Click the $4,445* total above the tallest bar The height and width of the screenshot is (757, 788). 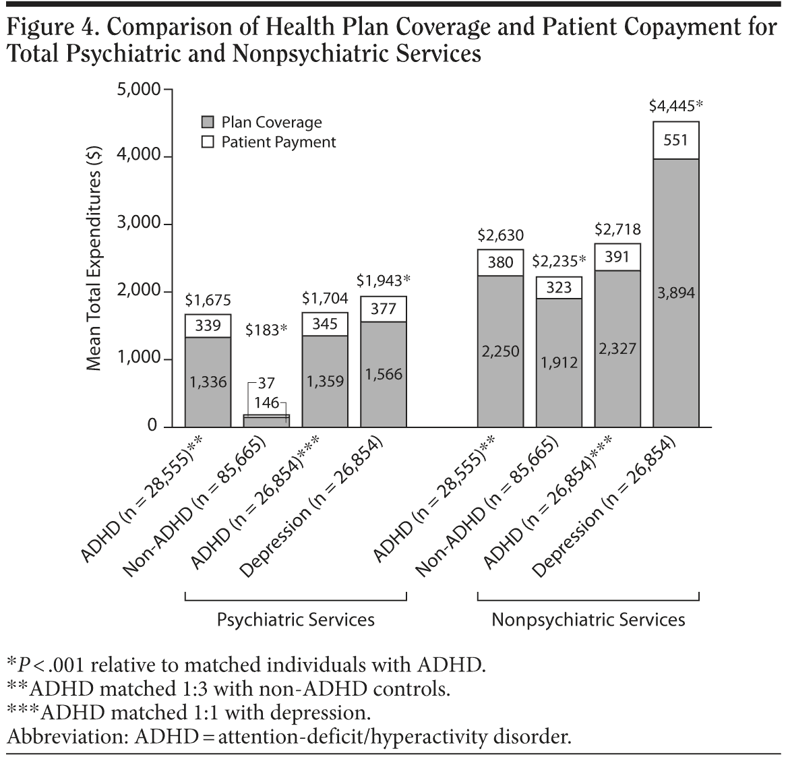click(676, 106)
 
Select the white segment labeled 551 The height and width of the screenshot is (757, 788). click(676, 140)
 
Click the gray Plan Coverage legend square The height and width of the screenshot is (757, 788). click(208, 123)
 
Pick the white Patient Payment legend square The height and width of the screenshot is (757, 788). click(208, 142)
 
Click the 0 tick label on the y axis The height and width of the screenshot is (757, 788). click(152, 427)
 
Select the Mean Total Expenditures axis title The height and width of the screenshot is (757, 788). click(95, 258)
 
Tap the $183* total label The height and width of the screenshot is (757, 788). click(266, 330)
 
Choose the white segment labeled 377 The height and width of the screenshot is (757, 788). click(384, 309)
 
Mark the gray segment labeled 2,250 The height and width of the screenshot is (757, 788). click(500, 351)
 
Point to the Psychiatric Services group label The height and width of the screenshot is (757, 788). click(295, 619)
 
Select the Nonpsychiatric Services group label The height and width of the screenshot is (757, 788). click(588, 619)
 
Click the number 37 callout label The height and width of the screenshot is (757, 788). click(266, 384)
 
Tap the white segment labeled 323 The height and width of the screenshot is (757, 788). click(559, 288)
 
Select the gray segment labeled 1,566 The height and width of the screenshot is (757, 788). click(384, 374)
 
